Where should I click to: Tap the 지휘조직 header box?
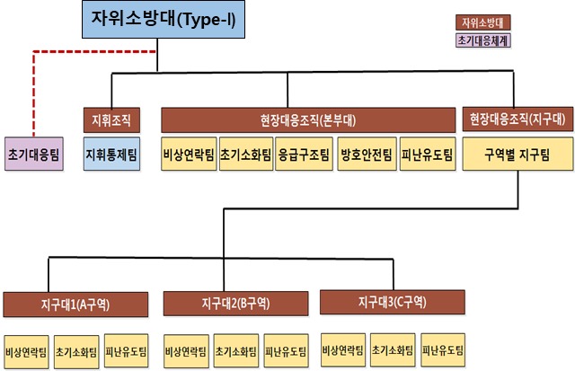coord(111,119)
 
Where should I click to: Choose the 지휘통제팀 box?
coord(111,155)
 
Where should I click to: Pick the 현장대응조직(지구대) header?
coord(517,119)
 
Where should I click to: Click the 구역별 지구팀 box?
coord(517,155)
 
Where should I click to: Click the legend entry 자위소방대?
coord(482,22)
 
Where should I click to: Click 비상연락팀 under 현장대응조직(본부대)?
coord(189,155)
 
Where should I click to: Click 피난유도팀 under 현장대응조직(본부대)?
coord(422,155)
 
